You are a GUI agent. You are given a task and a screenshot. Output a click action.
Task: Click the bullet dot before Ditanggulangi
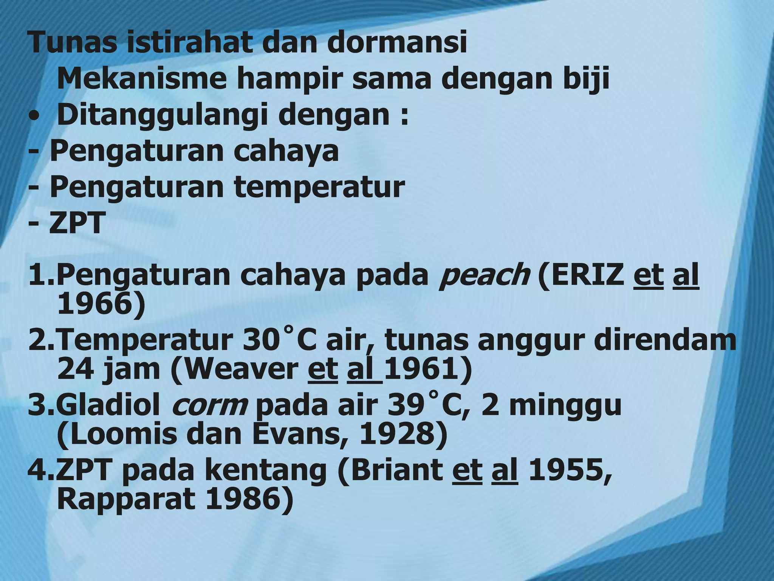pyautogui.click(x=34, y=117)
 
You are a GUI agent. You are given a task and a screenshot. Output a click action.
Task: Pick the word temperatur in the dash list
pyautogui.click(x=319, y=187)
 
